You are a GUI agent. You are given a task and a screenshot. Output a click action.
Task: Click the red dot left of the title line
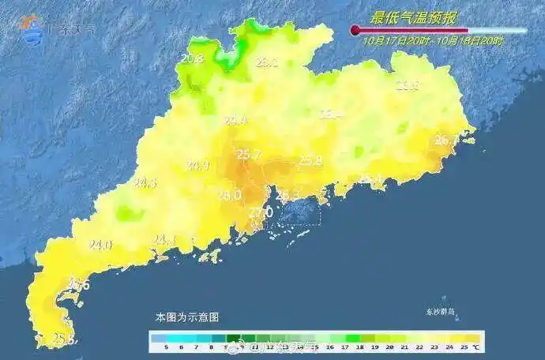point(355,30)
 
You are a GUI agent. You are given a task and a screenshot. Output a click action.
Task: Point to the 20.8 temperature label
point(192,58)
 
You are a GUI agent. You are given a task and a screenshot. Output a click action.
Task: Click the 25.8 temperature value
point(310,161)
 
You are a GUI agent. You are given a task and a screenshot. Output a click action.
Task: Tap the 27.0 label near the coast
point(261,212)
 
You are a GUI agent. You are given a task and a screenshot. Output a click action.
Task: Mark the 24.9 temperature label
point(197,166)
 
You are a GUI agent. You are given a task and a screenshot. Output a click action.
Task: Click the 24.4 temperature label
point(235,121)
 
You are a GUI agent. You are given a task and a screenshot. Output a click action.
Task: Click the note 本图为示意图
point(187,317)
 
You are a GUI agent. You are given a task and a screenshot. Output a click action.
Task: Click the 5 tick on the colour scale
point(167,347)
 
